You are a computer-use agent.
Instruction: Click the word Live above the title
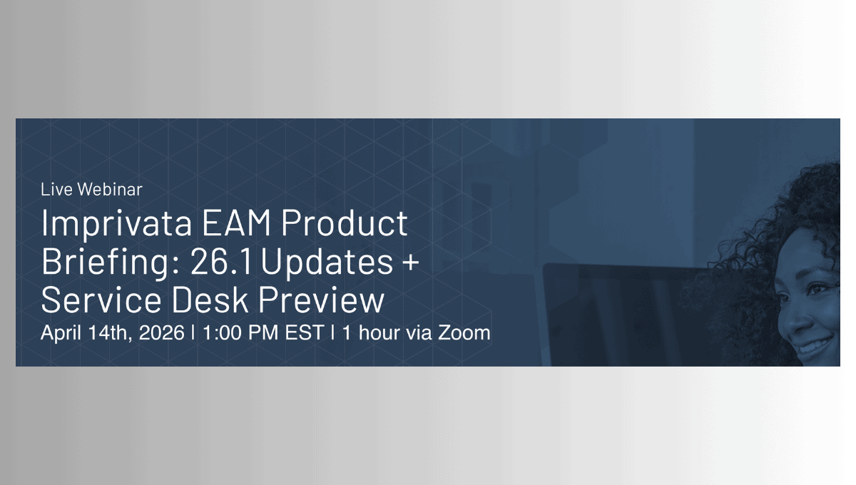coord(56,189)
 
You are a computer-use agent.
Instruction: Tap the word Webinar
coord(110,189)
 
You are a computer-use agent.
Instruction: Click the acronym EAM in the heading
coord(236,223)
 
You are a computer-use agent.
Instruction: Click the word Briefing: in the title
coord(111,263)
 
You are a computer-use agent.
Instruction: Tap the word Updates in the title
coord(327,263)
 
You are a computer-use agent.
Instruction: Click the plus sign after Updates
coord(411,263)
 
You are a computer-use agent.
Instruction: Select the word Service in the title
coord(101,300)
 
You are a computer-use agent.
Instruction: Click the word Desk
coord(210,300)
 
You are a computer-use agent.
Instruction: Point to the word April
coord(61,333)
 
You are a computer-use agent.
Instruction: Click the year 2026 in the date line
coord(162,332)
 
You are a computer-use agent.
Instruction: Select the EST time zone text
coord(305,332)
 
